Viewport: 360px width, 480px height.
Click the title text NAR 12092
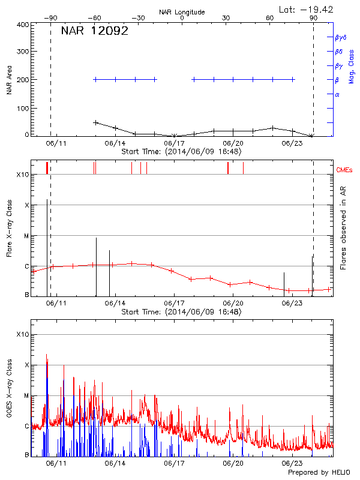[95, 31]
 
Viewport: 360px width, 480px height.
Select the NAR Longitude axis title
[182, 12]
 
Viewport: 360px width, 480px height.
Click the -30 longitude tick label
[138, 18]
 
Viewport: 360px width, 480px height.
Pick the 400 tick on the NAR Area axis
[23, 25]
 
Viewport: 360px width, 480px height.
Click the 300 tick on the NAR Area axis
[23, 52]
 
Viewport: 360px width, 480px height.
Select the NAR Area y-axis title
[9, 80]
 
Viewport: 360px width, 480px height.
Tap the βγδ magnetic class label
[341, 38]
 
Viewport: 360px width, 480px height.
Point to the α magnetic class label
[337, 94]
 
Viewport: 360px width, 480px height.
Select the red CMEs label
[345, 170]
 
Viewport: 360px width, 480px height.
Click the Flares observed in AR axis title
[343, 227]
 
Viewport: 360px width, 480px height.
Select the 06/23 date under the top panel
[292, 143]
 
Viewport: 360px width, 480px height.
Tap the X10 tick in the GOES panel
[23, 334]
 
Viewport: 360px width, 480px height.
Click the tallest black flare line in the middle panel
[47, 246]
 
